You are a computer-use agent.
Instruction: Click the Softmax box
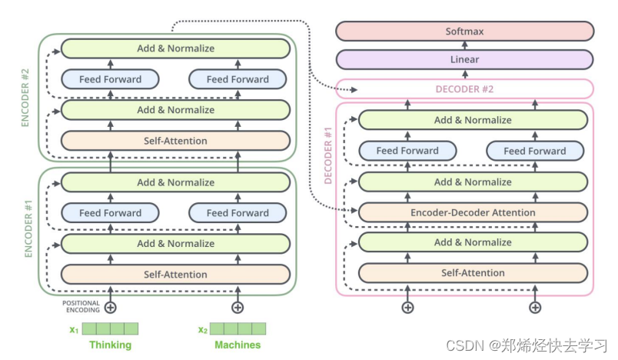(465, 31)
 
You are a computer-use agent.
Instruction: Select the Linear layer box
(465, 59)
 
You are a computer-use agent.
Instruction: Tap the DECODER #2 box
(465, 89)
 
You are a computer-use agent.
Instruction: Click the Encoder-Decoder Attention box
(473, 212)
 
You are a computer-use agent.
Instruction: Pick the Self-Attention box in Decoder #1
(473, 273)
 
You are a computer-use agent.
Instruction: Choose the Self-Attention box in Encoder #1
(175, 275)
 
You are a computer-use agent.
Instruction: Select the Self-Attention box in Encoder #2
(175, 141)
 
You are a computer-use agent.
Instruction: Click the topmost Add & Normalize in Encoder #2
(175, 48)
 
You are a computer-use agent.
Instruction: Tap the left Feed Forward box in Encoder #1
(111, 213)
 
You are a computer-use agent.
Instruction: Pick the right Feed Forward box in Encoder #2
(238, 79)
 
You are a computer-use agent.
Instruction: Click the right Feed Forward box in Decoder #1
(535, 151)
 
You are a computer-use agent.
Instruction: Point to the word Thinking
(111, 345)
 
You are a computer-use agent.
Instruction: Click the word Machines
(238, 345)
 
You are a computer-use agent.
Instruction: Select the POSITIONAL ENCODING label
(81, 307)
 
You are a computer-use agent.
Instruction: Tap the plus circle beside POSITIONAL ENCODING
(111, 308)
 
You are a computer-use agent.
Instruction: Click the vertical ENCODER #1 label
(28, 229)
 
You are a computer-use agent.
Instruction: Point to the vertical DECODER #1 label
(328, 155)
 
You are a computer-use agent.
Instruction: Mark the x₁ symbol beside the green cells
(74, 330)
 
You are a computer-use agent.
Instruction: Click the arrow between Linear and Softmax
(465, 45)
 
